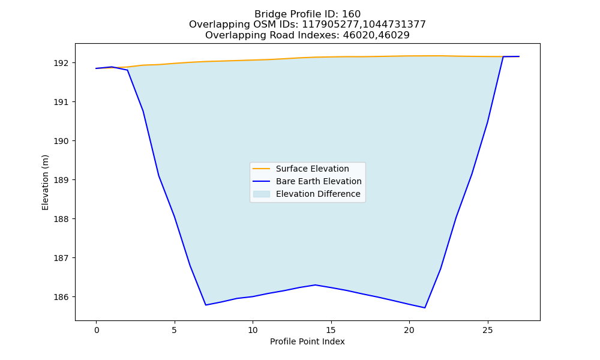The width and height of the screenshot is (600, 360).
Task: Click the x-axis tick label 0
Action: point(97,330)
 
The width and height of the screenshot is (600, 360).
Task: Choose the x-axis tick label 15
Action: point(331,330)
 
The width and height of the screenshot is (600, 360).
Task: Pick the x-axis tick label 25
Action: point(487,330)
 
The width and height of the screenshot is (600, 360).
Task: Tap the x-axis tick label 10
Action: point(253,330)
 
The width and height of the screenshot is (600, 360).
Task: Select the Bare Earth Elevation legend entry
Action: point(307,181)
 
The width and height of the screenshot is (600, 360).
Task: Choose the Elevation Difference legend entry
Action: point(307,194)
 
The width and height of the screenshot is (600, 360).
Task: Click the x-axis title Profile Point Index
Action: point(307,341)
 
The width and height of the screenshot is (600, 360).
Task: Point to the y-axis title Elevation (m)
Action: point(45,182)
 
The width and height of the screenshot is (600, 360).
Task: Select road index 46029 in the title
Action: point(394,35)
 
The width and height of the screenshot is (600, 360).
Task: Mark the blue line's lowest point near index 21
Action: point(425,308)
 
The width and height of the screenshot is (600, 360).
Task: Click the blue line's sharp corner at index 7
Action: point(206,305)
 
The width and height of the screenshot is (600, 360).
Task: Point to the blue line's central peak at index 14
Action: point(316,284)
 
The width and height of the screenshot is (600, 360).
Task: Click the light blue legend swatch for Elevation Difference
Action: point(262,194)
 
